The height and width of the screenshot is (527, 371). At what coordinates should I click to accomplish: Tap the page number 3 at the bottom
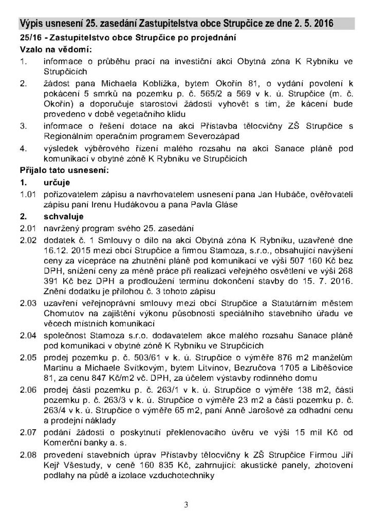pyautogui.click(x=186, y=504)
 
